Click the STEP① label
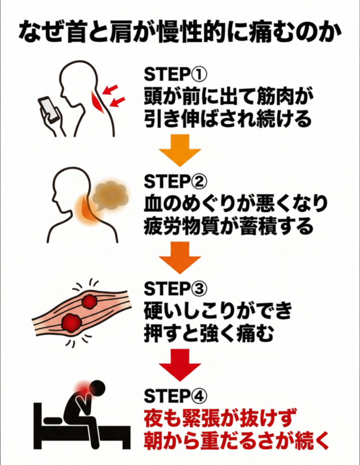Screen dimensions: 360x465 (x=176, y=74)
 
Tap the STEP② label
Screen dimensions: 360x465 (x=176, y=181)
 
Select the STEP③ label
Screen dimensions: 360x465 (x=176, y=288)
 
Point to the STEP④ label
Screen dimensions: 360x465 (x=176, y=396)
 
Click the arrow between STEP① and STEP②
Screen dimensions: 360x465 (x=180, y=150)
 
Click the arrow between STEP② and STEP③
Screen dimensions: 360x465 (x=180, y=257)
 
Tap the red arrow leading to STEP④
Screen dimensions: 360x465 (x=180, y=365)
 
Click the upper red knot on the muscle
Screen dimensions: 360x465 (x=89, y=302)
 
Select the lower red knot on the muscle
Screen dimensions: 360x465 (x=71, y=323)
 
